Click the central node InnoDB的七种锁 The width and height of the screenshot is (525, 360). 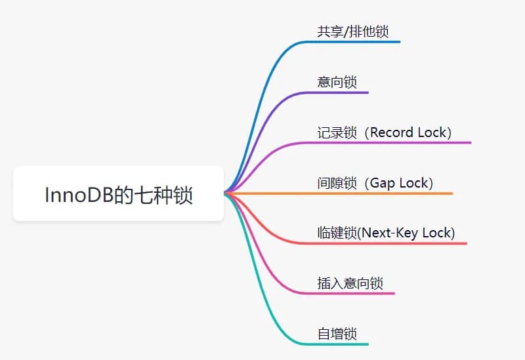(118, 194)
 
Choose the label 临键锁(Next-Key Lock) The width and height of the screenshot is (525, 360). (386, 233)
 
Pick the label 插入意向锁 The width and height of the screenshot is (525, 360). (350, 283)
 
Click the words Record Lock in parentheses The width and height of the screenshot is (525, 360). (408, 132)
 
